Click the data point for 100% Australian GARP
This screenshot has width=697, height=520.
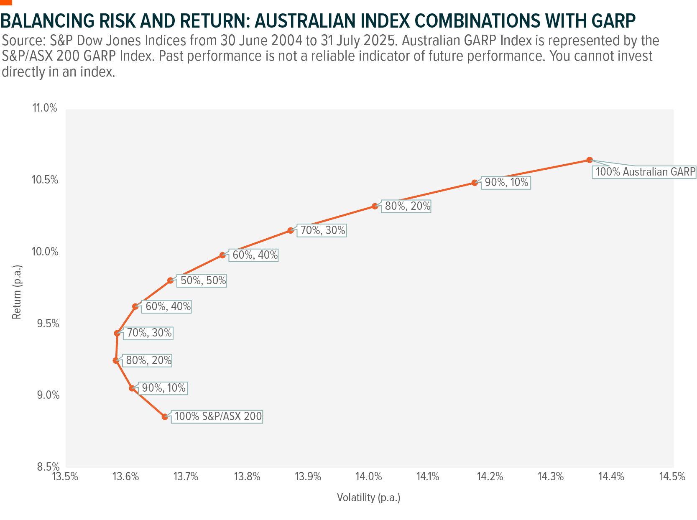(589, 160)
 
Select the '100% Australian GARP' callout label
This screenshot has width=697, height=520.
(644, 172)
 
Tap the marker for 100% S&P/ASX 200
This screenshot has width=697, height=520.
(165, 417)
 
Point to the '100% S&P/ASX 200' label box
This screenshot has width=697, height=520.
(217, 416)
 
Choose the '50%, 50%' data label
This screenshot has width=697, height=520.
(203, 280)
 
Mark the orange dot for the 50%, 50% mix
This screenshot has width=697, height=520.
(170, 280)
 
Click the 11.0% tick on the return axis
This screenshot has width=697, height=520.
(44, 108)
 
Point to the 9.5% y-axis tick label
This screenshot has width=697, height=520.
(45, 324)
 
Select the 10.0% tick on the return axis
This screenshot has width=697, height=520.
(45, 252)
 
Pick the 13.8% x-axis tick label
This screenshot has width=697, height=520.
(247, 477)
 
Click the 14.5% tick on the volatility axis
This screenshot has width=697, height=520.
(673, 477)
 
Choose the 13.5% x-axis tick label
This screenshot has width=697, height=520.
(65, 477)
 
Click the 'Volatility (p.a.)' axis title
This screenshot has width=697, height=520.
(368, 497)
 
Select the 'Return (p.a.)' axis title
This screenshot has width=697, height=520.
(17, 292)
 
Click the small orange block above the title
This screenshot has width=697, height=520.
(6, 2)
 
